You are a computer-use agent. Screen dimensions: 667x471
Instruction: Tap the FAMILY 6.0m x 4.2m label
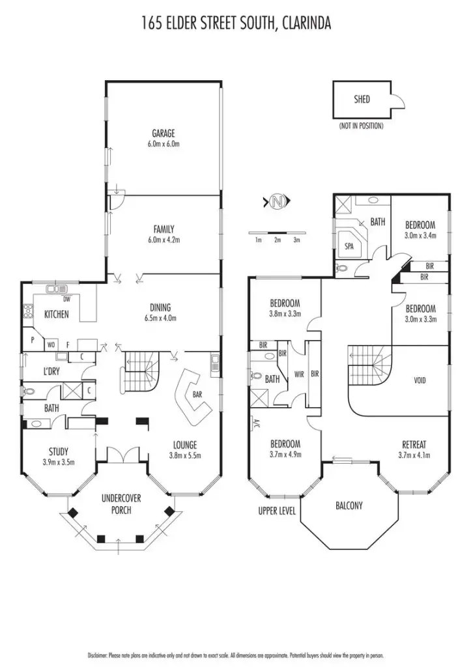click(x=164, y=234)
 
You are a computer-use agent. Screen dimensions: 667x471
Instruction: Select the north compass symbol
click(x=277, y=202)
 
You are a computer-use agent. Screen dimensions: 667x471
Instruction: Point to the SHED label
click(x=362, y=100)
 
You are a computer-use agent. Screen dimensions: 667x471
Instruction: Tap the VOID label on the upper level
click(x=420, y=380)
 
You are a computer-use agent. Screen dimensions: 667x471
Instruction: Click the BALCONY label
click(x=349, y=505)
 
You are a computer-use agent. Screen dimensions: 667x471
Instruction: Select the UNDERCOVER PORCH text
click(x=121, y=504)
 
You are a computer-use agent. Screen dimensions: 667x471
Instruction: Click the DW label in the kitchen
click(x=66, y=300)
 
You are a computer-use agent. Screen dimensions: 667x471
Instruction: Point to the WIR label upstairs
click(x=299, y=374)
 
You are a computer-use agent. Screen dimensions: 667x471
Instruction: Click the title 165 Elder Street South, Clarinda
click(x=236, y=24)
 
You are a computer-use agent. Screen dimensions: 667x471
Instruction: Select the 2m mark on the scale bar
click(x=277, y=240)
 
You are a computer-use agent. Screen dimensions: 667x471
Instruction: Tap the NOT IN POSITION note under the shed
click(x=361, y=126)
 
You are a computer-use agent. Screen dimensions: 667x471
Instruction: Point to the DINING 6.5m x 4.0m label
click(x=160, y=313)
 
